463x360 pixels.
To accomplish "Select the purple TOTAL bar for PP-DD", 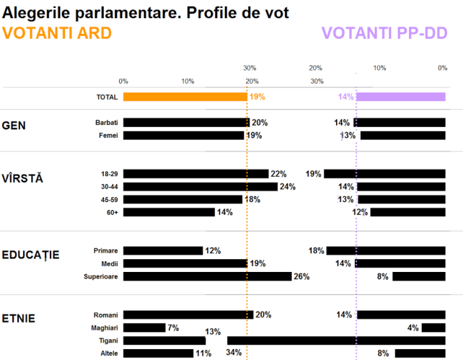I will coord(400,97).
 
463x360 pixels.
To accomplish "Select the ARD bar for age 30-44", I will coord(200,187).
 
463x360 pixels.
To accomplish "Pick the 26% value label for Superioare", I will coord(301,276).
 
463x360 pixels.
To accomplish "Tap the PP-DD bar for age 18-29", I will coord(384,174).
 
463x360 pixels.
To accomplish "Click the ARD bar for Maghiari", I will coord(144,328).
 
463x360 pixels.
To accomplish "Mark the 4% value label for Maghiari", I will coord(413,328).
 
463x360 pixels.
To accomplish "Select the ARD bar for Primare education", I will coord(163,250).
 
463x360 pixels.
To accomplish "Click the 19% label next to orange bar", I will coord(257,97).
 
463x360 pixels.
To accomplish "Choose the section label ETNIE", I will coord(19,318).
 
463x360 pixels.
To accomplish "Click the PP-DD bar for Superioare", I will coord(418,276).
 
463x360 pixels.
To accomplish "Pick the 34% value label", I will coord(234,353).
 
